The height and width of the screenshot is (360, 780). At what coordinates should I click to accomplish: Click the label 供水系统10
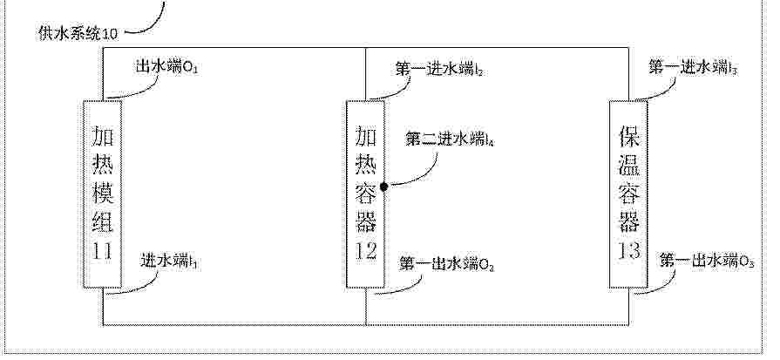[78, 34]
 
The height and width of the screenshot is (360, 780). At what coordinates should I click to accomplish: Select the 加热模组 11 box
[103, 194]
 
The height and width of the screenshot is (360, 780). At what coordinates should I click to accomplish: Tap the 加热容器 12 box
[366, 194]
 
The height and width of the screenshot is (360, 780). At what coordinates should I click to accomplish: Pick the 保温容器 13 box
[628, 194]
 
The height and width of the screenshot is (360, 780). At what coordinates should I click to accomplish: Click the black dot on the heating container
[384, 187]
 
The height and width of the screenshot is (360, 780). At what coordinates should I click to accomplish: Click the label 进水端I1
[170, 261]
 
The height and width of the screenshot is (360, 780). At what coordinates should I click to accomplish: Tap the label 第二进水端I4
[450, 139]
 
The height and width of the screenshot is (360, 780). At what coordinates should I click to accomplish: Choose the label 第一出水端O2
[446, 264]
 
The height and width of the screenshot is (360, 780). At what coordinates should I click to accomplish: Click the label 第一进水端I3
[693, 68]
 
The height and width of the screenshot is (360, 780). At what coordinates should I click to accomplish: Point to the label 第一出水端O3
[707, 261]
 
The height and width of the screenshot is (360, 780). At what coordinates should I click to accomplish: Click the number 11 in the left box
[103, 251]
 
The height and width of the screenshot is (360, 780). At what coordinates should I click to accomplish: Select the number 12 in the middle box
[366, 251]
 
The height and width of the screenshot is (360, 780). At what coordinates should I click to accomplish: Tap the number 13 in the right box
[628, 251]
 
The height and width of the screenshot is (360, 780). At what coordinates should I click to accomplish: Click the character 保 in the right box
[628, 136]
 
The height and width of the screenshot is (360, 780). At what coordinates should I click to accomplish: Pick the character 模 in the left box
[103, 193]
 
